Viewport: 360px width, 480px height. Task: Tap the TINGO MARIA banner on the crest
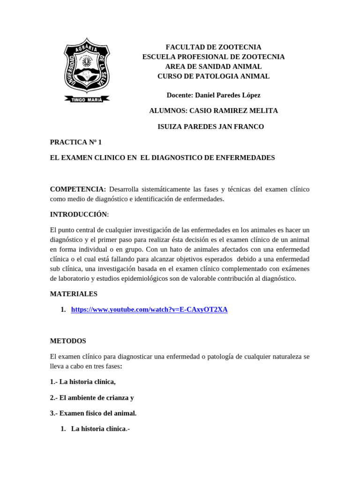87,99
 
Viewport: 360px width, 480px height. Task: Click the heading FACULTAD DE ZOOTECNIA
213,47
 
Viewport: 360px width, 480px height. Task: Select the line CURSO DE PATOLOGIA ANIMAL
213,76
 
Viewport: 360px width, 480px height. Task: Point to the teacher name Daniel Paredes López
227,95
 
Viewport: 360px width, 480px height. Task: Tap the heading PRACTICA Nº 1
76,142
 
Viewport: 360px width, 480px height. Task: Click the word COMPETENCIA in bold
77,189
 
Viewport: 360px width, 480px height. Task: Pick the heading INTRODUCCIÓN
79,214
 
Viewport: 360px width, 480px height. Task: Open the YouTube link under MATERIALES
149,310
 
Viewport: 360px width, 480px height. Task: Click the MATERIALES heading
74,294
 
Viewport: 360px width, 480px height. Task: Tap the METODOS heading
68,341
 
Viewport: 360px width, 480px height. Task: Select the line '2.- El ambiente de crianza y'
92,397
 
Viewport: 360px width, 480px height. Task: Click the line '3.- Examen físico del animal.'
93,413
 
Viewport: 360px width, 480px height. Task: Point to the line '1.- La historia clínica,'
82,382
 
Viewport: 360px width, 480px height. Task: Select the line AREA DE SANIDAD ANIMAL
213,67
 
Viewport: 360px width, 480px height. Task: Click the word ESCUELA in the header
159,57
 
